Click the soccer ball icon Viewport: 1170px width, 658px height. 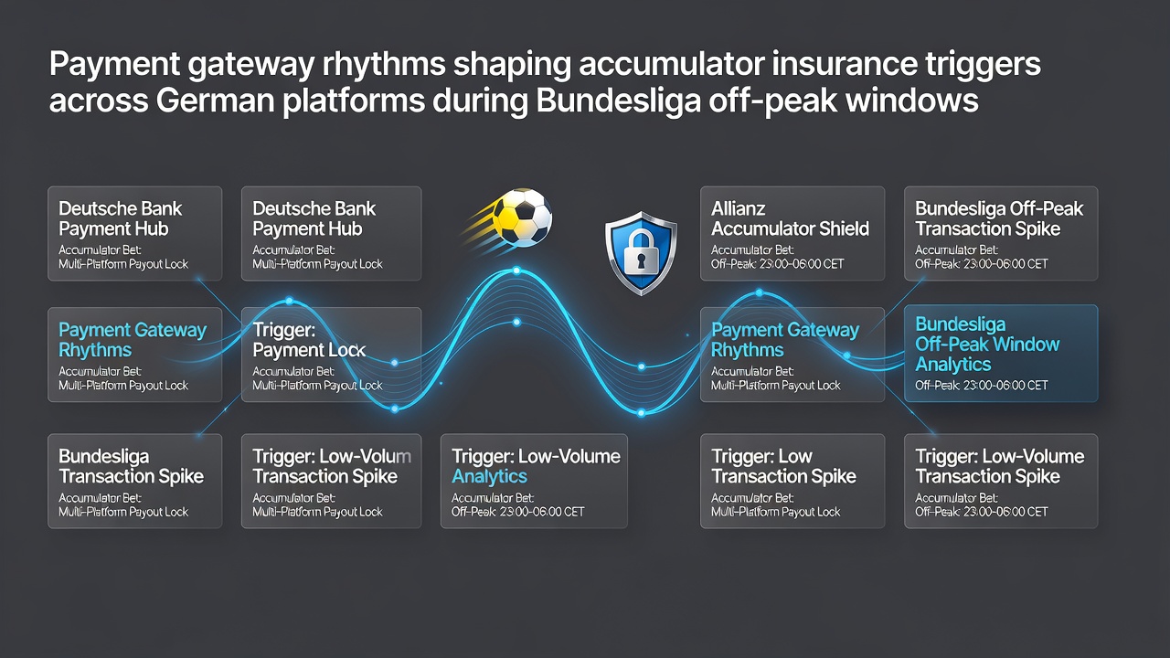pyautogui.click(x=522, y=218)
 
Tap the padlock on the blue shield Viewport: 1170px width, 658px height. pyautogui.click(x=641, y=250)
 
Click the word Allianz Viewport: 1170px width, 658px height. pyautogui.click(x=738, y=209)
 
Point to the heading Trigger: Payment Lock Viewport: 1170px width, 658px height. pyautogui.click(x=309, y=340)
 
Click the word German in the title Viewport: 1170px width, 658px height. pyautogui.click(x=215, y=101)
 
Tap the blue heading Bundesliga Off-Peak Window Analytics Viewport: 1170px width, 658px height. pyautogui.click(x=987, y=345)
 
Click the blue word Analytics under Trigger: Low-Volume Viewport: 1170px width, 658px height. pyautogui.click(x=489, y=477)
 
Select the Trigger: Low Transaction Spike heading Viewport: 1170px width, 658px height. pyautogui.click(x=783, y=466)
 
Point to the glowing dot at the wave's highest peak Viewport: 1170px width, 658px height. pyautogui.click(x=516, y=271)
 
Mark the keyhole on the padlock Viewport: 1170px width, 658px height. pyautogui.click(x=641, y=259)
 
